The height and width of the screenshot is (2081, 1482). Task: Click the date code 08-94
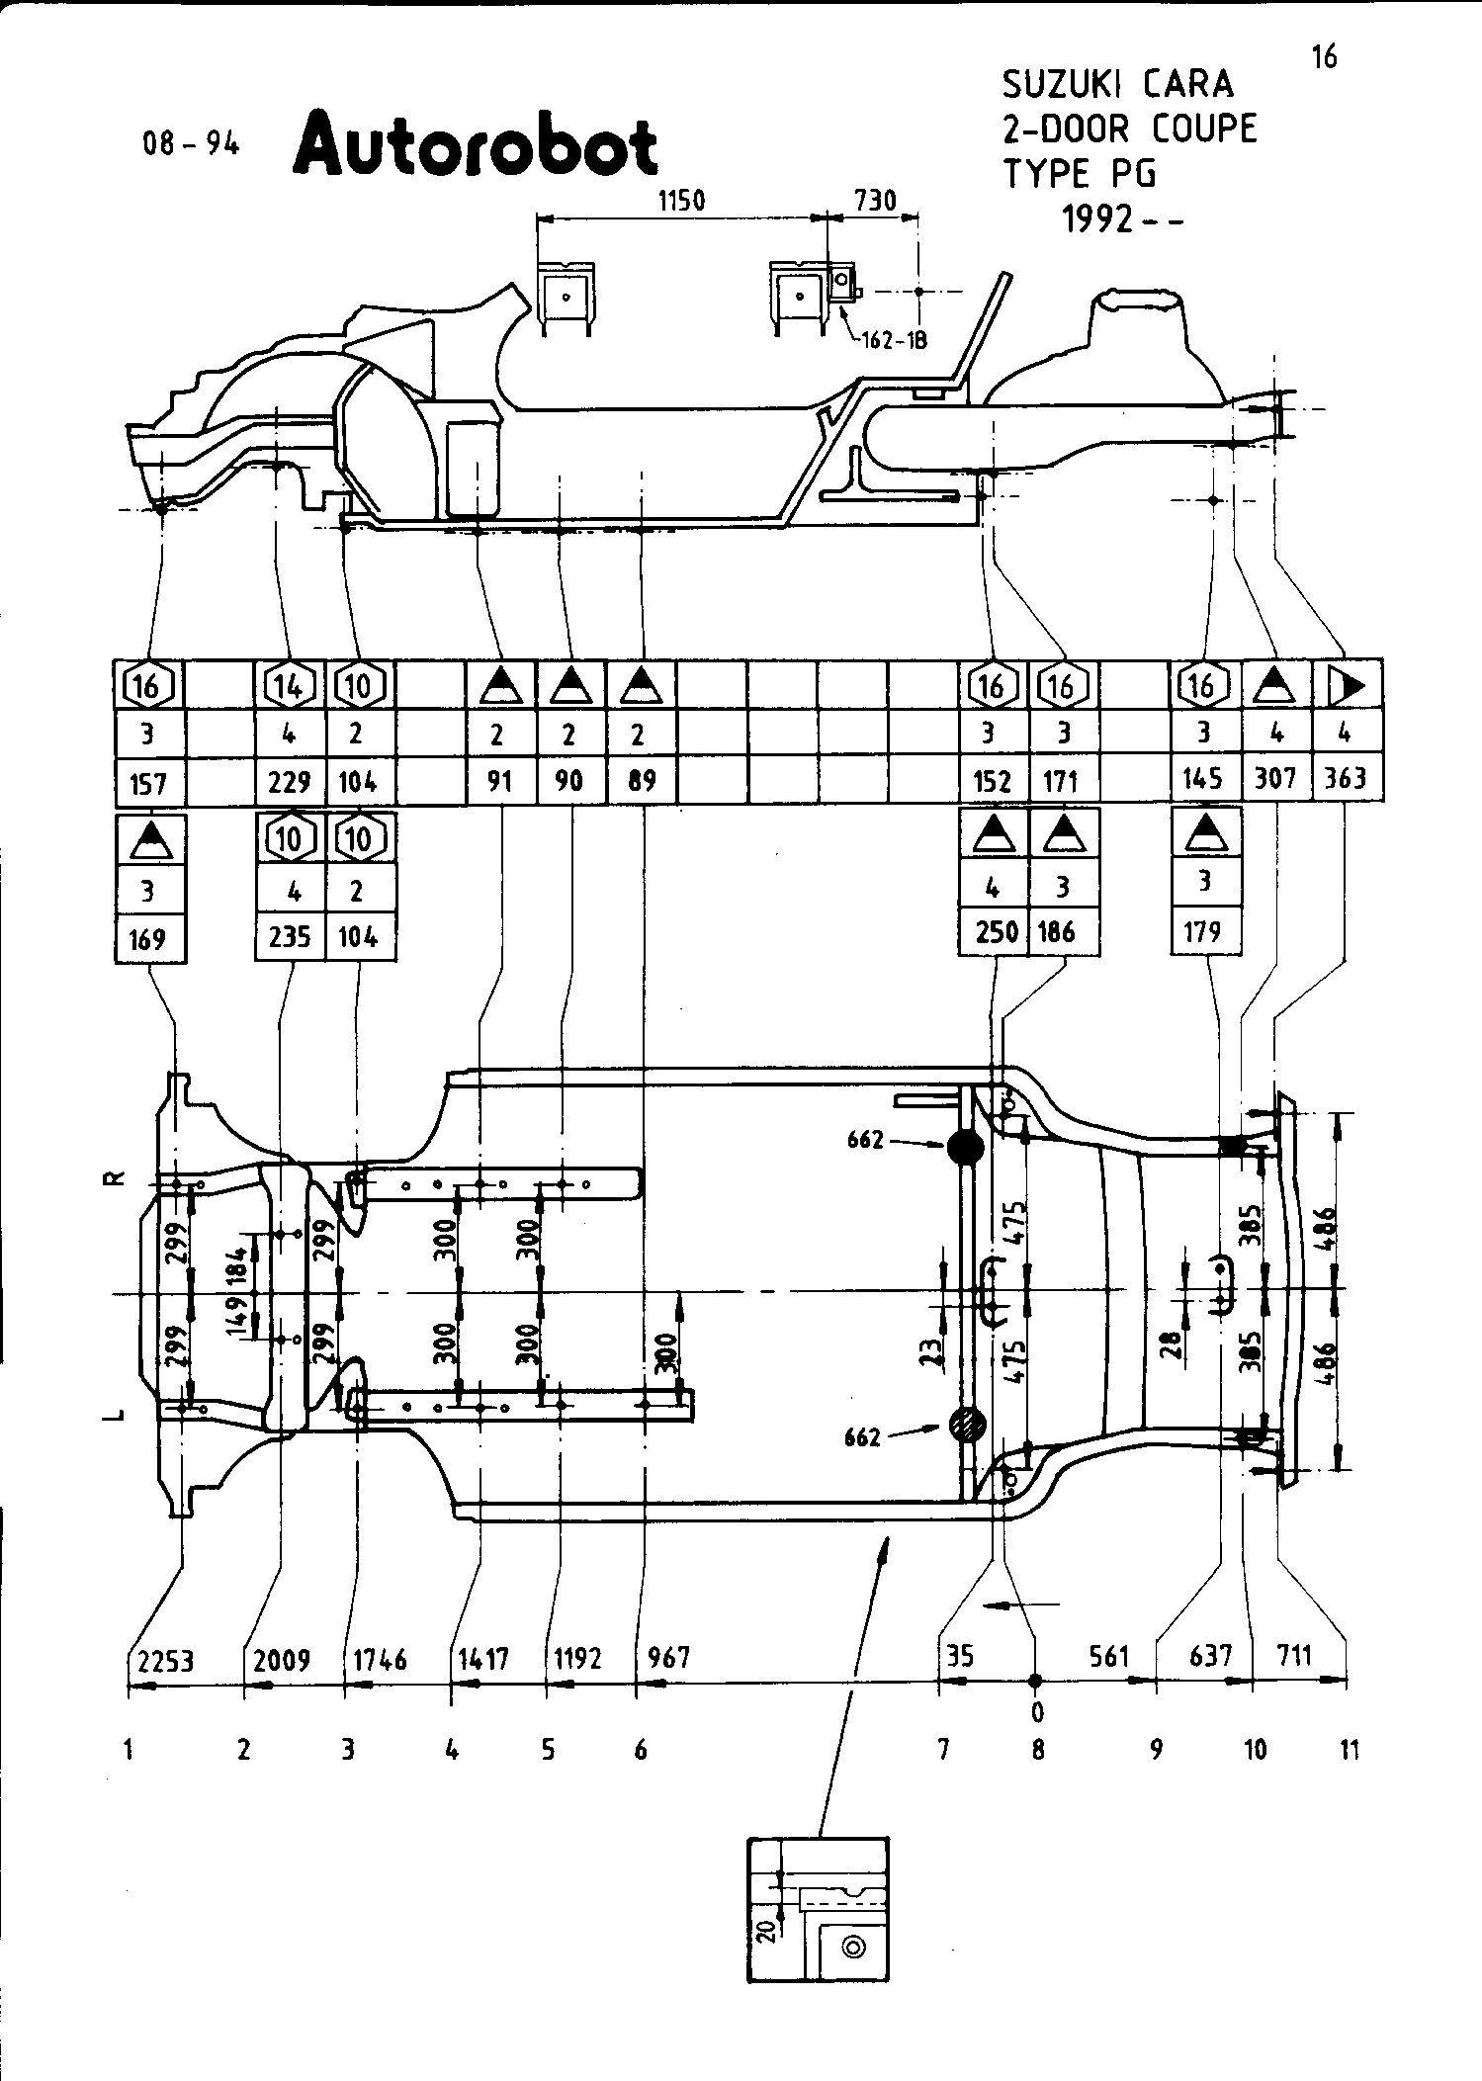191,144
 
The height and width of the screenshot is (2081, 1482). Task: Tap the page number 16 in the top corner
1324,58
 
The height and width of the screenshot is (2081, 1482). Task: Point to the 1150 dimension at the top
681,201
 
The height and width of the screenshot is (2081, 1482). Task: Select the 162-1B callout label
894,341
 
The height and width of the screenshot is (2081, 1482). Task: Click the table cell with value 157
148,784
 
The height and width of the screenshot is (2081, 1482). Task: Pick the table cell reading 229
289,782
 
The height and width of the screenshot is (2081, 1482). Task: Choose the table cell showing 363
1346,779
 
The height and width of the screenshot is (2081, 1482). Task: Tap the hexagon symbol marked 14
289,685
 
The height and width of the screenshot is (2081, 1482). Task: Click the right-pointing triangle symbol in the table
1346,684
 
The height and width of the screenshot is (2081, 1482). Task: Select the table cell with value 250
994,932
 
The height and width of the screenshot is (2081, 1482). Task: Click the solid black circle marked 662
965,1148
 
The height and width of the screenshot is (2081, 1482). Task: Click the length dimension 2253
165,1660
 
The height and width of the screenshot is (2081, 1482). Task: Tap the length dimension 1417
483,1657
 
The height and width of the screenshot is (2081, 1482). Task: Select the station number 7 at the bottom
943,1751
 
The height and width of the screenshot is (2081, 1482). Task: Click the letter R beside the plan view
116,1178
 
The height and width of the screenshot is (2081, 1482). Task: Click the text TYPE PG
1080,175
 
